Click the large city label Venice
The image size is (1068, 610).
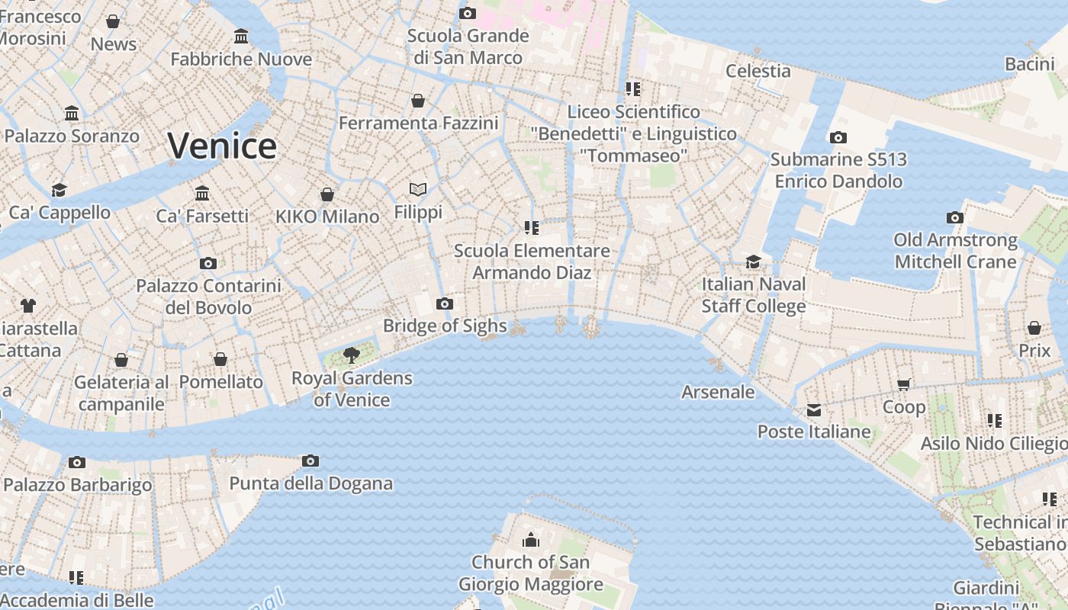point(222,146)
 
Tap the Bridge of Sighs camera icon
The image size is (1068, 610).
point(445,304)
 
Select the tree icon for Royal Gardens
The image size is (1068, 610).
point(352,355)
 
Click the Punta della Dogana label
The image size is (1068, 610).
point(311,483)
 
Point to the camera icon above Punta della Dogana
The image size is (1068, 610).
point(310,461)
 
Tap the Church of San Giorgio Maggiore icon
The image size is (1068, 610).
point(531,541)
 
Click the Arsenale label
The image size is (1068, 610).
point(718,392)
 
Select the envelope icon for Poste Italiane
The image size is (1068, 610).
point(814,410)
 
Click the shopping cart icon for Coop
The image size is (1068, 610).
point(904,384)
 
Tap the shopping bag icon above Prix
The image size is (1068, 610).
point(1034,328)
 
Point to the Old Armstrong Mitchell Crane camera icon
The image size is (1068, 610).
point(954,218)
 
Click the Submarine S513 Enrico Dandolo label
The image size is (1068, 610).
point(838,170)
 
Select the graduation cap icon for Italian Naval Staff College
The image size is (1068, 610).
point(753,262)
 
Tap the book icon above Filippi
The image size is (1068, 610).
point(418,189)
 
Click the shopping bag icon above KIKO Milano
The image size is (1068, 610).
point(327,194)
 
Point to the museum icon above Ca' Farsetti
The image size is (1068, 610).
point(202,194)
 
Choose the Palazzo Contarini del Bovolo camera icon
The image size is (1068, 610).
point(207,264)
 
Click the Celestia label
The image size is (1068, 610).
point(758,71)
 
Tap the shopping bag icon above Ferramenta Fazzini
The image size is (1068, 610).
point(418,101)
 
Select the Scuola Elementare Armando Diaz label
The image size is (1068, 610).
point(532,261)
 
